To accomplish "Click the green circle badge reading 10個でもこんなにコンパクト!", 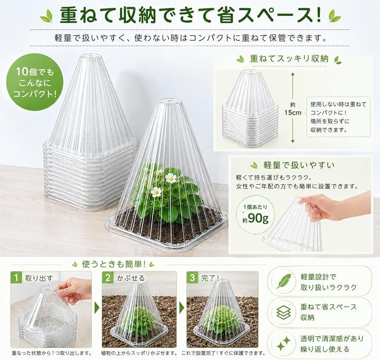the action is (35, 82).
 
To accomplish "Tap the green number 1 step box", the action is (16, 277).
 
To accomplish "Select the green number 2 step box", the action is (108, 277).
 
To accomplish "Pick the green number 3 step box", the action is (193, 277).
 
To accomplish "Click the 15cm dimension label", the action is (293, 113).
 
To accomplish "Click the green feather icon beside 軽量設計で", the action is (284, 281).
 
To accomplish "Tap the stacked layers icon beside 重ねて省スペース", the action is (284, 312).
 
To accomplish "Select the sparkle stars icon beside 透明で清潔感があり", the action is (284, 344).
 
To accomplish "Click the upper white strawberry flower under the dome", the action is (170, 178).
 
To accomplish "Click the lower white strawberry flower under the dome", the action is (156, 192).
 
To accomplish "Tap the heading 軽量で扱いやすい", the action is (299, 165).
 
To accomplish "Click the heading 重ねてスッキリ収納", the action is (289, 59).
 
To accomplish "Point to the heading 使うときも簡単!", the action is (114, 264).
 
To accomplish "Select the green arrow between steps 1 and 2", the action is (97, 308).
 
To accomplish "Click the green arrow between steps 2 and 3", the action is (182, 308).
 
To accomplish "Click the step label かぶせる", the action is (131, 278).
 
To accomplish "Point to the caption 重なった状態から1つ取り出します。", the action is (52, 353).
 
